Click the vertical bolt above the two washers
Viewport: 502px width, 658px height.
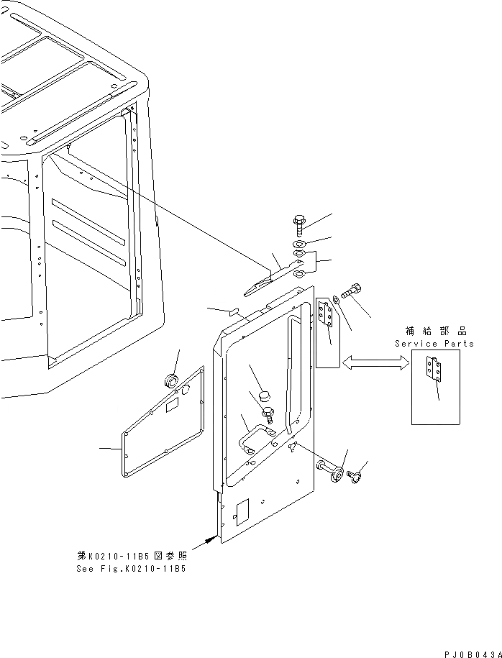click(299, 224)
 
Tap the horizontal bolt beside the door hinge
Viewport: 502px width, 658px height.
click(352, 293)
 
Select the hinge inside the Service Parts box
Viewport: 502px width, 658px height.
click(431, 369)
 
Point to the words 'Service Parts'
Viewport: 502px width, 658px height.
click(434, 344)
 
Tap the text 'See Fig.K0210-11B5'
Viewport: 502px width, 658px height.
click(131, 568)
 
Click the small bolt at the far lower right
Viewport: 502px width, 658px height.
click(354, 476)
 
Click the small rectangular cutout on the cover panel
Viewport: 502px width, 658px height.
click(173, 407)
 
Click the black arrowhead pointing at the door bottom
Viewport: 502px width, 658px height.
click(210, 537)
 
